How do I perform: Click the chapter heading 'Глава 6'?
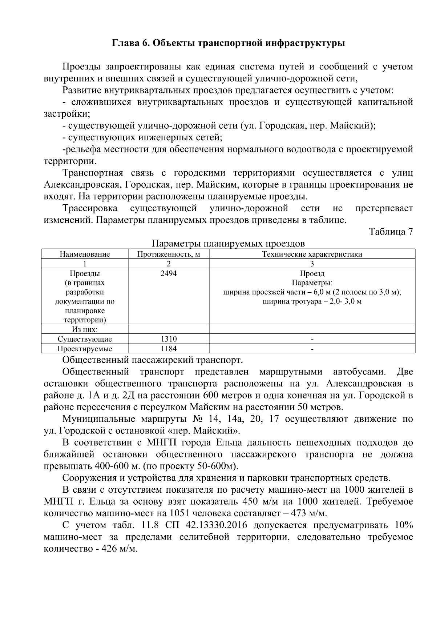pyautogui.click(x=130, y=43)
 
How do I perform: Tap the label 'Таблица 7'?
pyautogui.click(x=391, y=232)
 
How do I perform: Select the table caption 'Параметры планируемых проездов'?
pyautogui.click(x=228, y=243)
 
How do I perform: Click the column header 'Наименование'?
pyautogui.click(x=85, y=254)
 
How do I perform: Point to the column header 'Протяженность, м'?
pyautogui.click(x=169, y=254)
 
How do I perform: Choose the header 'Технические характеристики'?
pyautogui.click(x=312, y=254)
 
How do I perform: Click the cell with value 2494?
pyautogui.click(x=169, y=273)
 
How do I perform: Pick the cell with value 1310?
pyautogui.click(x=169, y=339)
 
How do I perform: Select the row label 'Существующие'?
pyautogui.click(x=85, y=339)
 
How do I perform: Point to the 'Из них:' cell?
pyautogui.click(x=85, y=329)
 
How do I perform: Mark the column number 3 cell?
pyautogui.click(x=312, y=264)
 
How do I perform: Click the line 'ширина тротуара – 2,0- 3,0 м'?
pyautogui.click(x=312, y=302)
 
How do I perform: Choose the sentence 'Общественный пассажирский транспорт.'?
pyautogui.click(x=152, y=360)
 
